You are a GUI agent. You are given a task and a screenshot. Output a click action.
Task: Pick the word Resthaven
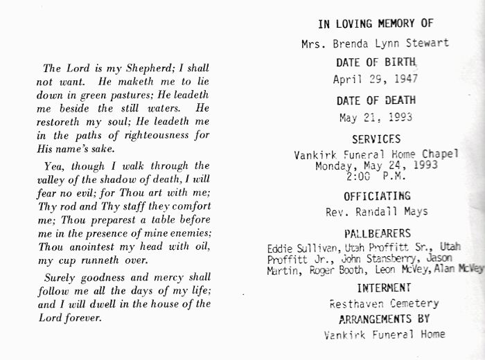point(354,303)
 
